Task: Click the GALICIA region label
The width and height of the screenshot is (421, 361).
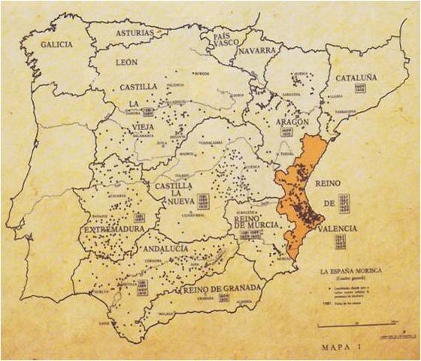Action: (56, 44)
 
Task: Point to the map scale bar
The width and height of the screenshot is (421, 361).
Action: (356, 325)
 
